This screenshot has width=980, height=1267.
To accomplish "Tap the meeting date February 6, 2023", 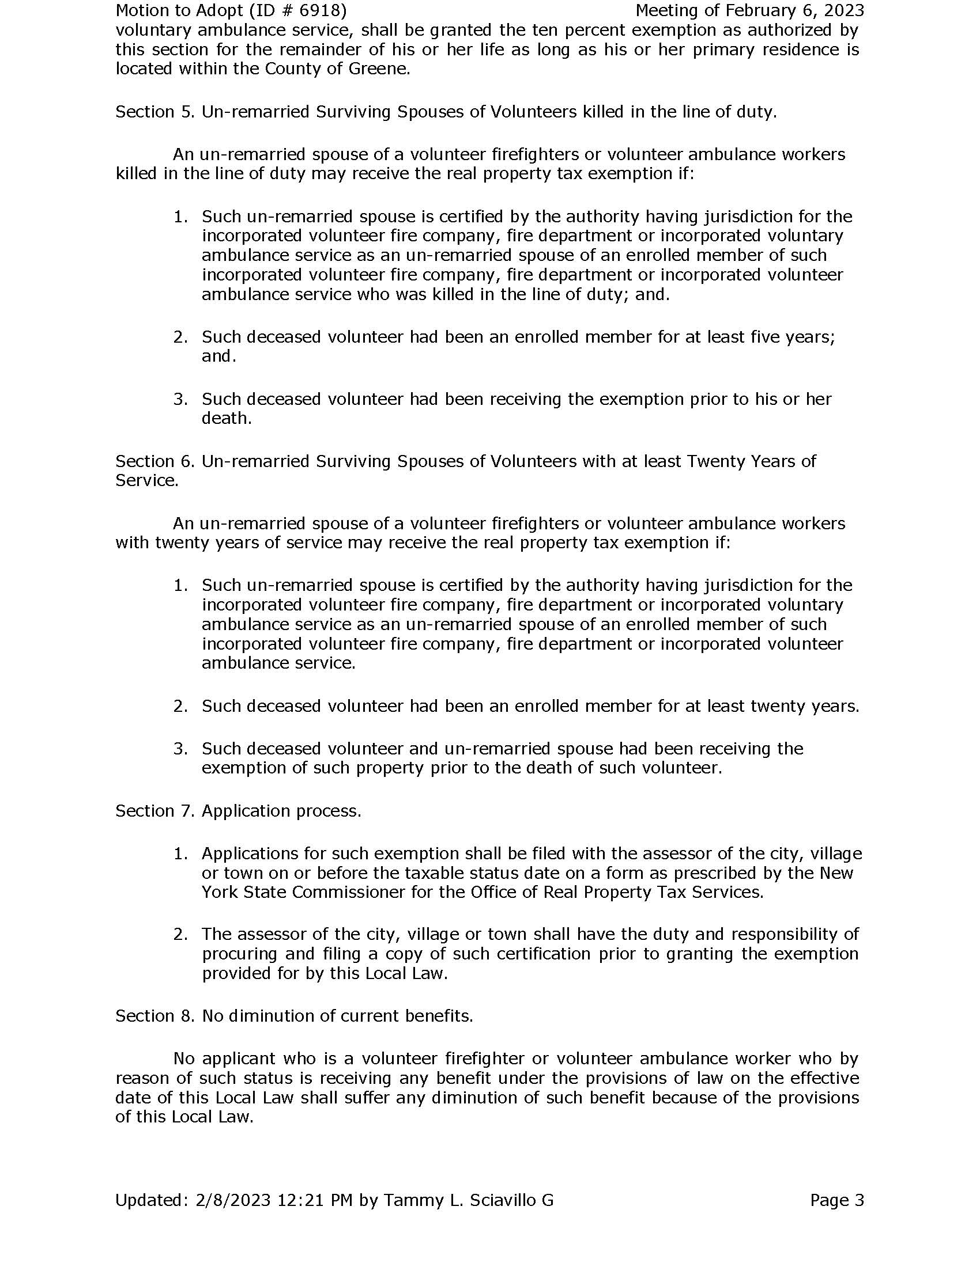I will [792, 10].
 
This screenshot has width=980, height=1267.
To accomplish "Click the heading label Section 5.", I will [154, 111].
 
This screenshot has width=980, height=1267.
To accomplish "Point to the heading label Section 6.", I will [154, 461].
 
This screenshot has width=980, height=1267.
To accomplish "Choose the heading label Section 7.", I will [154, 810].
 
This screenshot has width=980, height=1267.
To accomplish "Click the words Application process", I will [281, 810].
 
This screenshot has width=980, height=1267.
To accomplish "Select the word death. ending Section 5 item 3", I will [227, 418].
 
